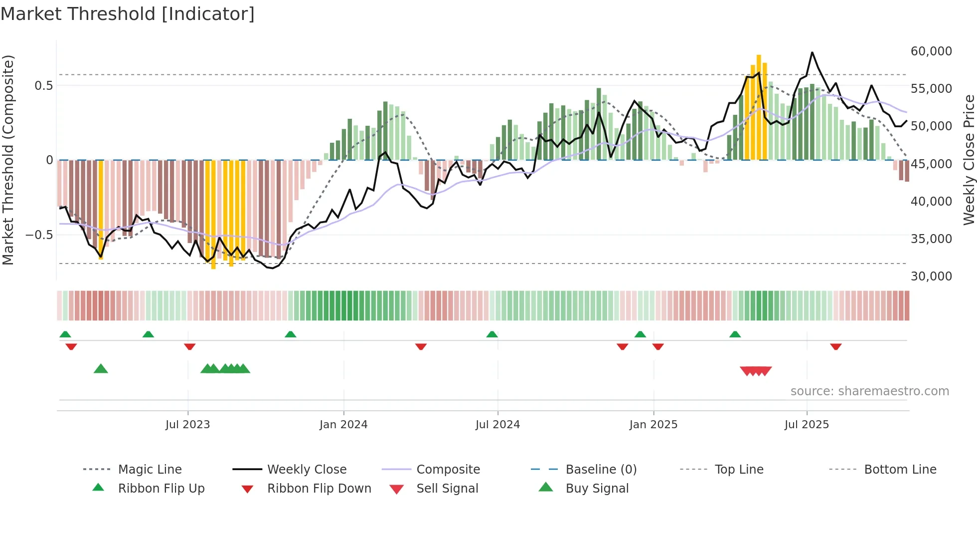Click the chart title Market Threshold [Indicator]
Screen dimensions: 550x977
pyautogui.click(x=128, y=14)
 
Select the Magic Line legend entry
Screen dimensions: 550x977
pyautogui.click(x=150, y=470)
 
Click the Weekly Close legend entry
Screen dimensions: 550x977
pyautogui.click(x=307, y=470)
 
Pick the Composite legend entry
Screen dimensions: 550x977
pyautogui.click(x=448, y=470)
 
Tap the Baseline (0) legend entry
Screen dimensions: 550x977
pyautogui.click(x=601, y=470)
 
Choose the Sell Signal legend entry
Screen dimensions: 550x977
pyautogui.click(x=447, y=489)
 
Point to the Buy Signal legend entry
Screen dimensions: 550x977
pyautogui.click(x=597, y=489)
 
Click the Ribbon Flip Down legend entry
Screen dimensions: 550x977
pyautogui.click(x=319, y=489)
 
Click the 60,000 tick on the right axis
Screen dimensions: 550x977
pyautogui.click(x=931, y=51)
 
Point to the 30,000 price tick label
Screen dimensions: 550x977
pyautogui.click(x=931, y=276)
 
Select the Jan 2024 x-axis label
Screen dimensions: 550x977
pyautogui.click(x=343, y=425)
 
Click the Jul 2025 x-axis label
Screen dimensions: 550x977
pyautogui.click(x=806, y=425)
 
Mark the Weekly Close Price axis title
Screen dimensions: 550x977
pyautogui.click(x=969, y=160)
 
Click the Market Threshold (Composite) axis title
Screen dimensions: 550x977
pyautogui.click(x=8, y=160)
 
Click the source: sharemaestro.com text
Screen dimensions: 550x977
pyautogui.click(x=869, y=391)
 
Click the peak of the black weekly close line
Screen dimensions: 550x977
pyautogui.click(x=812, y=52)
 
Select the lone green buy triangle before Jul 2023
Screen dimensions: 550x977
pyautogui.click(x=101, y=369)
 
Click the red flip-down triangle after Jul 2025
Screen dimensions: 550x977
pyautogui.click(x=836, y=346)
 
